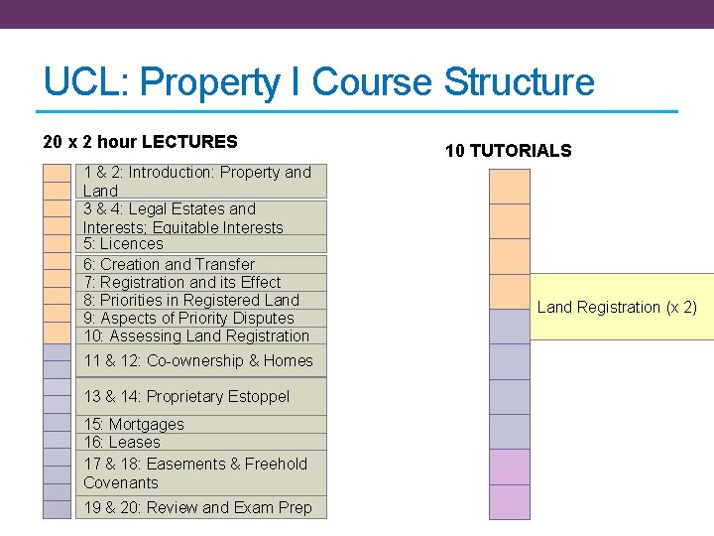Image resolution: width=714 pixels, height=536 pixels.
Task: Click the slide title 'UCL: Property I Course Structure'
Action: point(318,81)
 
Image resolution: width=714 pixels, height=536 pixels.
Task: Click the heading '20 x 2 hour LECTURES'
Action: point(141,142)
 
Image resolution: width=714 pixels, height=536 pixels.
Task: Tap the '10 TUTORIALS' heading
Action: point(508,151)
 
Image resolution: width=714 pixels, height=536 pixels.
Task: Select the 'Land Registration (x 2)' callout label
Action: point(617,308)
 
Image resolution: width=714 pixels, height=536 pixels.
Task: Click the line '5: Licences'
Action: point(123,244)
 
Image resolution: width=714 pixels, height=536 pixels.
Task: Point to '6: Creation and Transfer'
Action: point(169,264)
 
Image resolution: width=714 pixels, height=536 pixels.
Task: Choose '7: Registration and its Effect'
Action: point(181,282)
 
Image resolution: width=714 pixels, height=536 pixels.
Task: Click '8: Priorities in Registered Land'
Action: point(190,300)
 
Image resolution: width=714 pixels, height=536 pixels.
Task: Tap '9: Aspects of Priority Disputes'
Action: point(188,319)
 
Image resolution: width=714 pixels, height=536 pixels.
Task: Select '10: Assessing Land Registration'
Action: point(196,336)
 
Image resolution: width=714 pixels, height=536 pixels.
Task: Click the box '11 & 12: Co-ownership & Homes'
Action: point(198,361)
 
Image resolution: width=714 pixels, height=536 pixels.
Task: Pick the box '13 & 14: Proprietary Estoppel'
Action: point(186,397)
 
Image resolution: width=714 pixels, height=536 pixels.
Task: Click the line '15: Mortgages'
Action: point(134,424)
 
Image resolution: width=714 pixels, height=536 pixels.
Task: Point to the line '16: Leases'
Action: point(121,443)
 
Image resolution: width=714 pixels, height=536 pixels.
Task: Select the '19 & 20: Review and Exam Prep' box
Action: point(197,508)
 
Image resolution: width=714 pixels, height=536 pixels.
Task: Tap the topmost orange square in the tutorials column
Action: point(510,186)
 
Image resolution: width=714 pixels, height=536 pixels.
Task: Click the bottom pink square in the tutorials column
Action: point(510,502)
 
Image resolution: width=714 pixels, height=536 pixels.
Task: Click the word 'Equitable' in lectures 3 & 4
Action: point(184,227)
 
